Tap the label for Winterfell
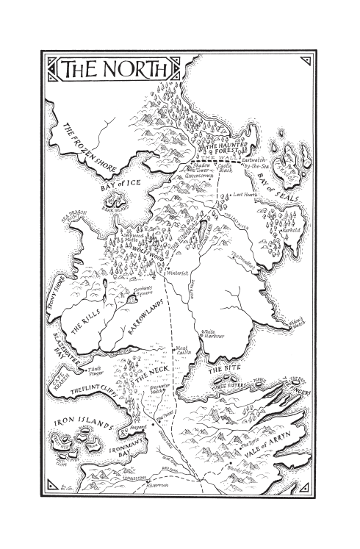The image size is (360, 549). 177,273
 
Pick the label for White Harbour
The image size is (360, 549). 214,334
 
